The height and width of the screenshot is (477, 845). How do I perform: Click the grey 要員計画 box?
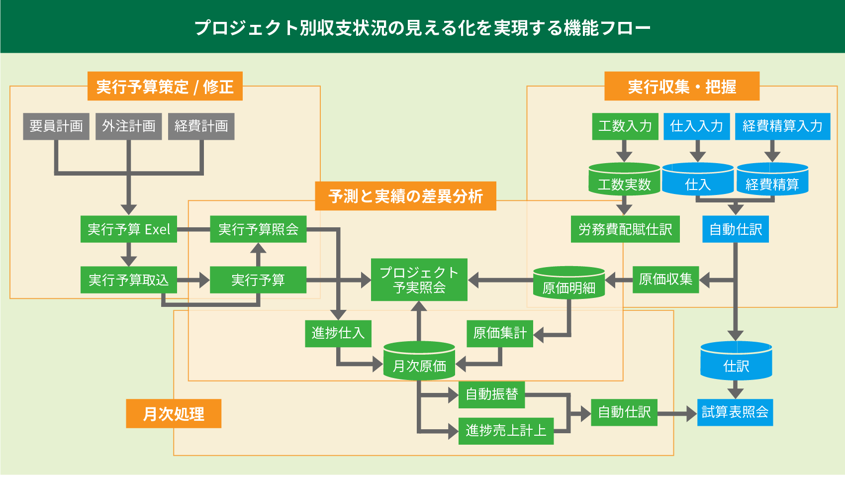click(x=56, y=126)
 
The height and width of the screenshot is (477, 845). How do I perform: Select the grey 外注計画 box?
click(x=128, y=126)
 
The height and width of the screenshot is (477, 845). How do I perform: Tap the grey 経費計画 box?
click(x=201, y=126)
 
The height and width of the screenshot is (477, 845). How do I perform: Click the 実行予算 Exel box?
click(x=128, y=229)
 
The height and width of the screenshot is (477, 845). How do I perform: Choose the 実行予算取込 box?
click(x=128, y=280)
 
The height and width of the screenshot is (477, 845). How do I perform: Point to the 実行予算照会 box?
click(x=258, y=229)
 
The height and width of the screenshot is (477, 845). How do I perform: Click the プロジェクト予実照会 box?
click(x=419, y=280)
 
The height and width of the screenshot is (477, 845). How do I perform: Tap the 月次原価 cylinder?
click(x=419, y=362)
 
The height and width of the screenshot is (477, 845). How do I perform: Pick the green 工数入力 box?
click(x=625, y=126)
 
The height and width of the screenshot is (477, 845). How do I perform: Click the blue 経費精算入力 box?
click(x=782, y=126)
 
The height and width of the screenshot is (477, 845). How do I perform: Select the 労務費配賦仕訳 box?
click(x=625, y=229)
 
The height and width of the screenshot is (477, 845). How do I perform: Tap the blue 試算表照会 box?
click(x=735, y=412)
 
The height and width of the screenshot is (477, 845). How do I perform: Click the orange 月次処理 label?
click(x=173, y=413)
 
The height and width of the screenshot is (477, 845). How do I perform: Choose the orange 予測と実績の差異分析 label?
click(x=405, y=196)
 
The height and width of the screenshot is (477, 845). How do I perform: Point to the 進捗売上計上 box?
click(x=505, y=431)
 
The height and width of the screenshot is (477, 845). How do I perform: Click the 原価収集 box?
click(x=665, y=280)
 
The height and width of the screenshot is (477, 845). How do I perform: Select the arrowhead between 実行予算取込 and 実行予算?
click(x=204, y=280)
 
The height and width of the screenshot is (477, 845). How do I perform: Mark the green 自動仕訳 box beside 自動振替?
click(x=624, y=412)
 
